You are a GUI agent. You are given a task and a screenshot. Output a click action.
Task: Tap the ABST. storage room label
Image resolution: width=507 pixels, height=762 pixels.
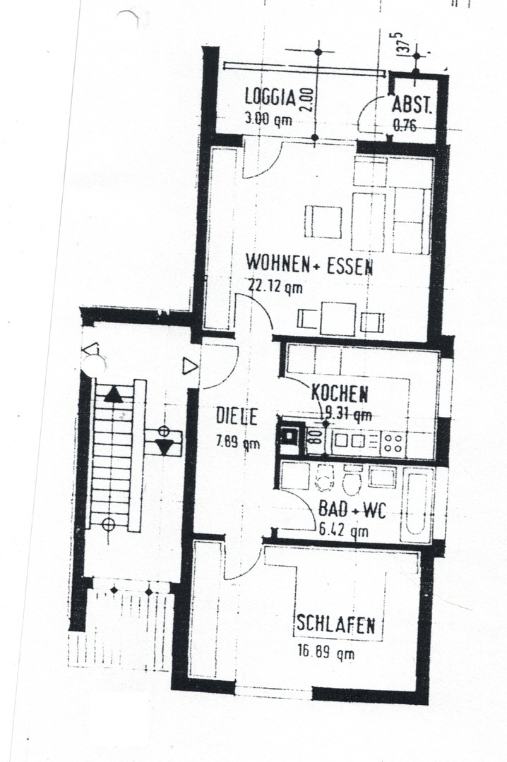pos(412,105)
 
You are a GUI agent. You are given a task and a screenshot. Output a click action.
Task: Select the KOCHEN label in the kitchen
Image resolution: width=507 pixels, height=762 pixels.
pos(340,393)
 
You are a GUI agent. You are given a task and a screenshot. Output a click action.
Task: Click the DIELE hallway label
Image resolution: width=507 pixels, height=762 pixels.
pos(237,416)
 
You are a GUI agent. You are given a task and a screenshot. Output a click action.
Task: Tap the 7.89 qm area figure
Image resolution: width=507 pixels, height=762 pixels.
pos(238,442)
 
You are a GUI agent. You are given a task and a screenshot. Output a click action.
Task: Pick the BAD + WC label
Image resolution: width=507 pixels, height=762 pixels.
pos(352,509)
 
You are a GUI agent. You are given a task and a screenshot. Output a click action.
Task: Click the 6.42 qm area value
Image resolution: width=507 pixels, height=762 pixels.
pos(343,530)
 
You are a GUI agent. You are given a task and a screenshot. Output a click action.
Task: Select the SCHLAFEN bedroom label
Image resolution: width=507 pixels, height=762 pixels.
pos(335,624)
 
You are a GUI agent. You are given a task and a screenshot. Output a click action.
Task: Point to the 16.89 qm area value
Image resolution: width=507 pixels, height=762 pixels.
pos(326,652)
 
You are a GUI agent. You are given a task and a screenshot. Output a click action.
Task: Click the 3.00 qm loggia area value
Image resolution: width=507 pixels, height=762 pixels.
pos(268,119)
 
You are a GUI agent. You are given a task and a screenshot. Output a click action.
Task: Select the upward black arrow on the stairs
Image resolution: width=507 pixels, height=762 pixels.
pos(114,394)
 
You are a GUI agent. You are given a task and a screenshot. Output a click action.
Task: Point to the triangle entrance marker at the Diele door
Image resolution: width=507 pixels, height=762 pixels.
pos(189,366)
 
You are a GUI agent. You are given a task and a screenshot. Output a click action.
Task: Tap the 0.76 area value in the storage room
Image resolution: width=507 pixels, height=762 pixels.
pos(405,126)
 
